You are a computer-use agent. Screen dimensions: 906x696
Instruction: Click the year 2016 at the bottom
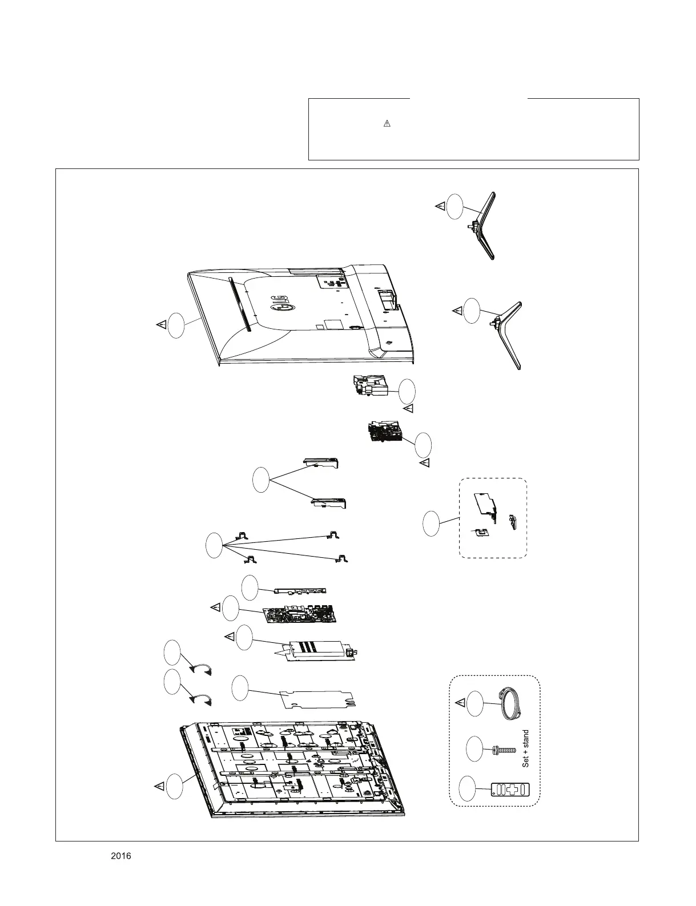120,856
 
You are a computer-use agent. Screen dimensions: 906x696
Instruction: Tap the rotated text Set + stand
526,748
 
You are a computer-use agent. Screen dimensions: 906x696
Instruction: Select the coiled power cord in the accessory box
511,704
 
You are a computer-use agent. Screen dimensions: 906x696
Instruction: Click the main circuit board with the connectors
300,615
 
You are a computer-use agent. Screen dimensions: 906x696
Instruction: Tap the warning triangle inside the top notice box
387,123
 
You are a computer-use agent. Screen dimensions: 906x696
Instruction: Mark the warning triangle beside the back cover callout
162,324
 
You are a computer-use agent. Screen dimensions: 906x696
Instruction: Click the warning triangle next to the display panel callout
161,786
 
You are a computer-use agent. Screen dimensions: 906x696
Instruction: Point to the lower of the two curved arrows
202,699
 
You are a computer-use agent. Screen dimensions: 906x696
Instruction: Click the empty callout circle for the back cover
177,325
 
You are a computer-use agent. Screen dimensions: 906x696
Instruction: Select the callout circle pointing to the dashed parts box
431,524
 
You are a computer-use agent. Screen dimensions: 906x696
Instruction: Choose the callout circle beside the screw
474,748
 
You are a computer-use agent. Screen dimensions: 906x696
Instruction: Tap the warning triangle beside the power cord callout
460,702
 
